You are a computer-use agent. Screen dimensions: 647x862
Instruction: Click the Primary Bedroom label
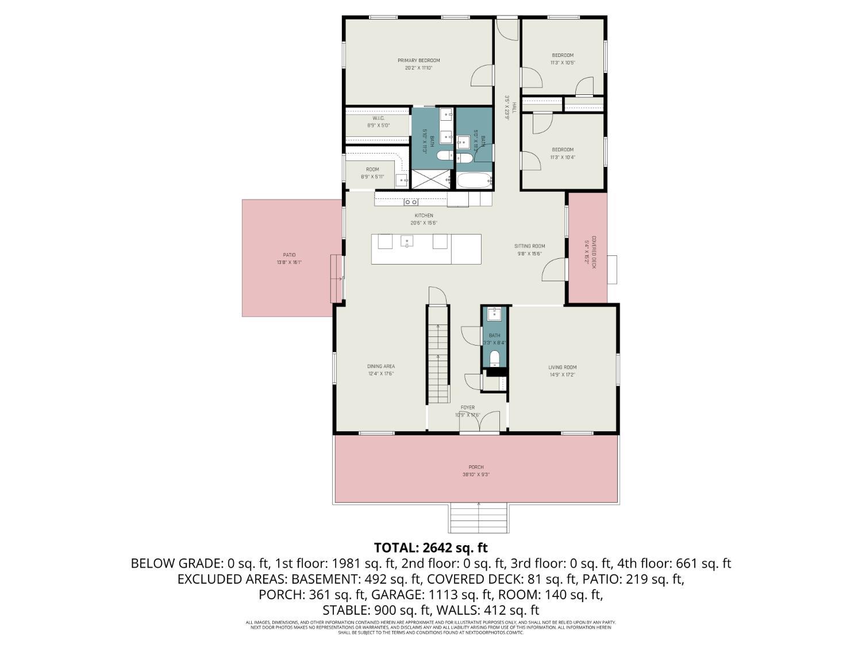[x=418, y=60]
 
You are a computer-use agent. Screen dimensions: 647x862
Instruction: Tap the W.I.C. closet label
[x=378, y=118]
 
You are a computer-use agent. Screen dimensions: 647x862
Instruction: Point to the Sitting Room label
[x=529, y=246]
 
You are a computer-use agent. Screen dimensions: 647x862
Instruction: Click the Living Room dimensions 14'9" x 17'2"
[x=562, y=375]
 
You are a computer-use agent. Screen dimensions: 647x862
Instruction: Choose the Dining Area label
[x=381, y=366]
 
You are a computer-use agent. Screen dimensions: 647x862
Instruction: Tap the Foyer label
[x=467, y=408]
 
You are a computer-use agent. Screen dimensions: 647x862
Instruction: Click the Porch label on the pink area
[x=476, y=467]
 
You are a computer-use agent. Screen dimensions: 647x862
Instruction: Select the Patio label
[x=289, y=255]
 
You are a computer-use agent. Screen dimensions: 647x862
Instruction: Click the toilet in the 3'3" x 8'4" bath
[x=494, y=359]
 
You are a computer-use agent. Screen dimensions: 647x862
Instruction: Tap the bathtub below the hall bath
[x=475, y=181]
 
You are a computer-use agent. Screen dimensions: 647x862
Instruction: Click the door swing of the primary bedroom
[x=483, y=76]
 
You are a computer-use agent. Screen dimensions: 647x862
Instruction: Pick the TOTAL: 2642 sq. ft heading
[x=430, y=547]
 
